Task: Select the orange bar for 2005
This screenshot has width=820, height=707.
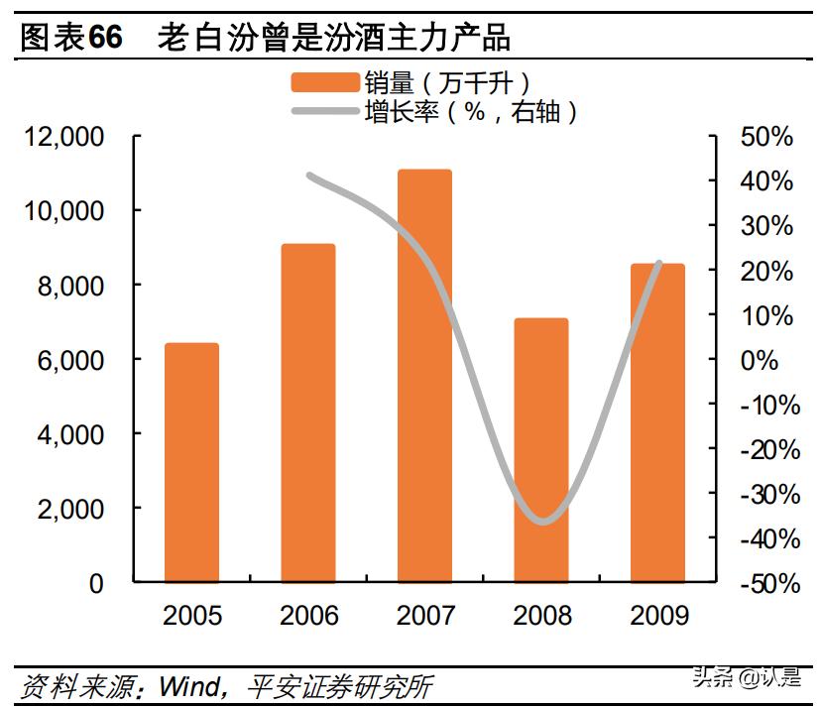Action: click(x=191, y=463)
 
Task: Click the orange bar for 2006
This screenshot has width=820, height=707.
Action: click(x=307, y=413)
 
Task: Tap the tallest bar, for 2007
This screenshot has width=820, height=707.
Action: click(x=424, y=376)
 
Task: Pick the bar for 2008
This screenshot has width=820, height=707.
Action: click(x=541, y=450)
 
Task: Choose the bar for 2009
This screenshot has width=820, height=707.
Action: click(x=657, y=422)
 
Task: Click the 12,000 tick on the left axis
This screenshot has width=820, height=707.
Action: click(x=63, y=137)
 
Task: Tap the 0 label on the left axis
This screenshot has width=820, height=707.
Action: click(x=96, y=584)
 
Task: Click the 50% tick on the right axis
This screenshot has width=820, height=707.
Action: click(x=766, y=137)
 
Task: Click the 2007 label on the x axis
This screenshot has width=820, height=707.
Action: click(x=424, y=616)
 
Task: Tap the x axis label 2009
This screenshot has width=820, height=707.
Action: click(x=658, y=616)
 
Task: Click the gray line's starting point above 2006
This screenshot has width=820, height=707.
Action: click(x=309, y=177)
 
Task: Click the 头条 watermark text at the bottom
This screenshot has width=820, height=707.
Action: click(x=711, y=680)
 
